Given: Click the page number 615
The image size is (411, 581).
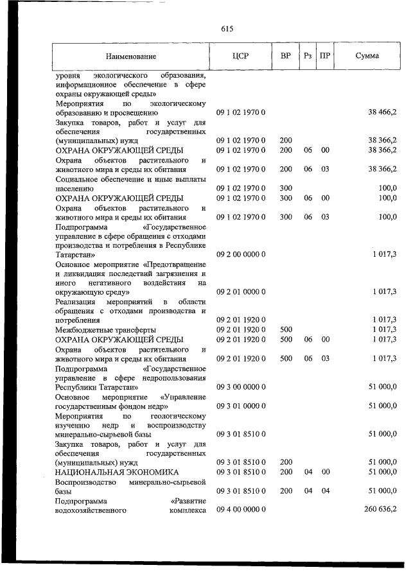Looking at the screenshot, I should [x=227, y=29].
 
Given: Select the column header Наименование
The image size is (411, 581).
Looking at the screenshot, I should [x=131, y=56].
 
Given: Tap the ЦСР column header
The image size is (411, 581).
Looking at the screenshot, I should [x=240, y=56].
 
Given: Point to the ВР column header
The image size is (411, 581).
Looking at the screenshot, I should [x=285, y=56].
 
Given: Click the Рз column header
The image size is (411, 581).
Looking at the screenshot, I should [x=308, y=56].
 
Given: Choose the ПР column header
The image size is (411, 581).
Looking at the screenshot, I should [x=325, y=56].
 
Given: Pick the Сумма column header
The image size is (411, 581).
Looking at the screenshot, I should [x=367, y=56].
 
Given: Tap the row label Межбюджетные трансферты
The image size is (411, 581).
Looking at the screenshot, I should [x=105, y=329].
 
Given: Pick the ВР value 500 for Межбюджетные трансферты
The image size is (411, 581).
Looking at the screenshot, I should [x=286, y=329].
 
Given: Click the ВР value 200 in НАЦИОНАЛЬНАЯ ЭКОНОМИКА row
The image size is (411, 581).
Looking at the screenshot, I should [x=286, y=472].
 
